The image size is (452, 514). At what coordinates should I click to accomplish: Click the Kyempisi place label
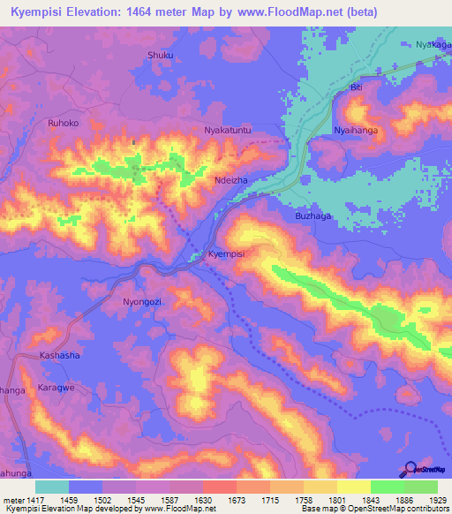[x=225, y=253]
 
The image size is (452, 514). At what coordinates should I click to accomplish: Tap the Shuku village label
[x=160, y=55]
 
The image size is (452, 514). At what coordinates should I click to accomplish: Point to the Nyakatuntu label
[x=229, y=131]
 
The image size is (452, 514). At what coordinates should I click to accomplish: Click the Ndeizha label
[x=230, y=179]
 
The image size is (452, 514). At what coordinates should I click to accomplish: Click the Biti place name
[x=357, y=88]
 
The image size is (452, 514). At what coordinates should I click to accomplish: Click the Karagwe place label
[x=58, y=389]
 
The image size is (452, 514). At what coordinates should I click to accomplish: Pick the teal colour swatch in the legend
[x=52, y=487]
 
